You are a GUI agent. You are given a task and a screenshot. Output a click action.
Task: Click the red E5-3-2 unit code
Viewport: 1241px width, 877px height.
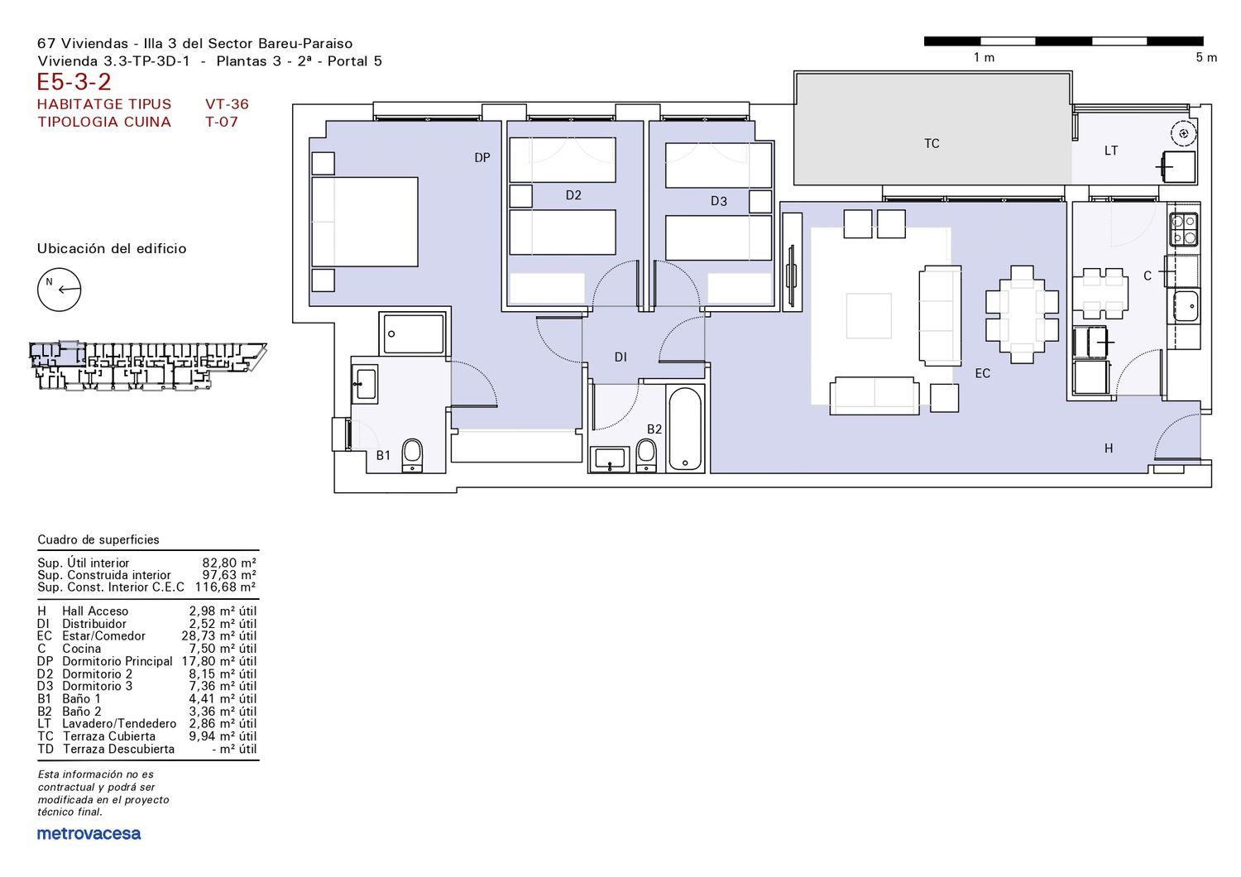[x=74, y=82]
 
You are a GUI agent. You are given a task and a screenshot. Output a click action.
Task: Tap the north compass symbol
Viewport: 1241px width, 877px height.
[x=60, y=290]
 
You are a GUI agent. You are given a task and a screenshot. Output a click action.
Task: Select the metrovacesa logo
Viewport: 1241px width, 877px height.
[x=89, y=834]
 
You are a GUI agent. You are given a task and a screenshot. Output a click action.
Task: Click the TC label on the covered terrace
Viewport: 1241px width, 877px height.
[x=932, y=143]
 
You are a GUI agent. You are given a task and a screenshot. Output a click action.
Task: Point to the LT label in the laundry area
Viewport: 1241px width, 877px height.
[x=1111, y=151]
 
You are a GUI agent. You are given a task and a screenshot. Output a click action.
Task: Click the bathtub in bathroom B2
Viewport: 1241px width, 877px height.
[x=685, y=429]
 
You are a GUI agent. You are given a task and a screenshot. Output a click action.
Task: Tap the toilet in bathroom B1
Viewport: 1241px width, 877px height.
[x=412, y=455]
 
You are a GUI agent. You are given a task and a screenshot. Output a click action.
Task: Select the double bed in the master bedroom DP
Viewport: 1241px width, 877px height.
[x=365, y=222]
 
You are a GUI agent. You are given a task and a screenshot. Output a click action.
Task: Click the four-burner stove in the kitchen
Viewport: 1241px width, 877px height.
[x=1184, y=229]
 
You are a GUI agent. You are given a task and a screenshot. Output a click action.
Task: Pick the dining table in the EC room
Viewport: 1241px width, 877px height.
[x=1022, y=314]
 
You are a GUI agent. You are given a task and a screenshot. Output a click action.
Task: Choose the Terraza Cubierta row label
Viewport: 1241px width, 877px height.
[x=109, y=736]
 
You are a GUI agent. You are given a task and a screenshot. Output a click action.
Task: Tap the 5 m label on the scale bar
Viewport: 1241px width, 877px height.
[x=1206, y=58]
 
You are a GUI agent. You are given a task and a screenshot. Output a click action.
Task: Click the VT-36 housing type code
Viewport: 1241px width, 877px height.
[x=228, y=104]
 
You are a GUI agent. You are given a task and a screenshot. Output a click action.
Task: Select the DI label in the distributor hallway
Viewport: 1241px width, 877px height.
[x=620, y=357]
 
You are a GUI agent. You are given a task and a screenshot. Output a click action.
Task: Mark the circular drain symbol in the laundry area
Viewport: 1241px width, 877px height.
[x=1184, y=133]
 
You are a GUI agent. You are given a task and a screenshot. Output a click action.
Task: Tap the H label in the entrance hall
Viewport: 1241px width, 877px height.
[x=1109, y=448]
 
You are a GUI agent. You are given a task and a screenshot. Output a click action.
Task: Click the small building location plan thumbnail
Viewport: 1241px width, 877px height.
[x=148, y=366]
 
